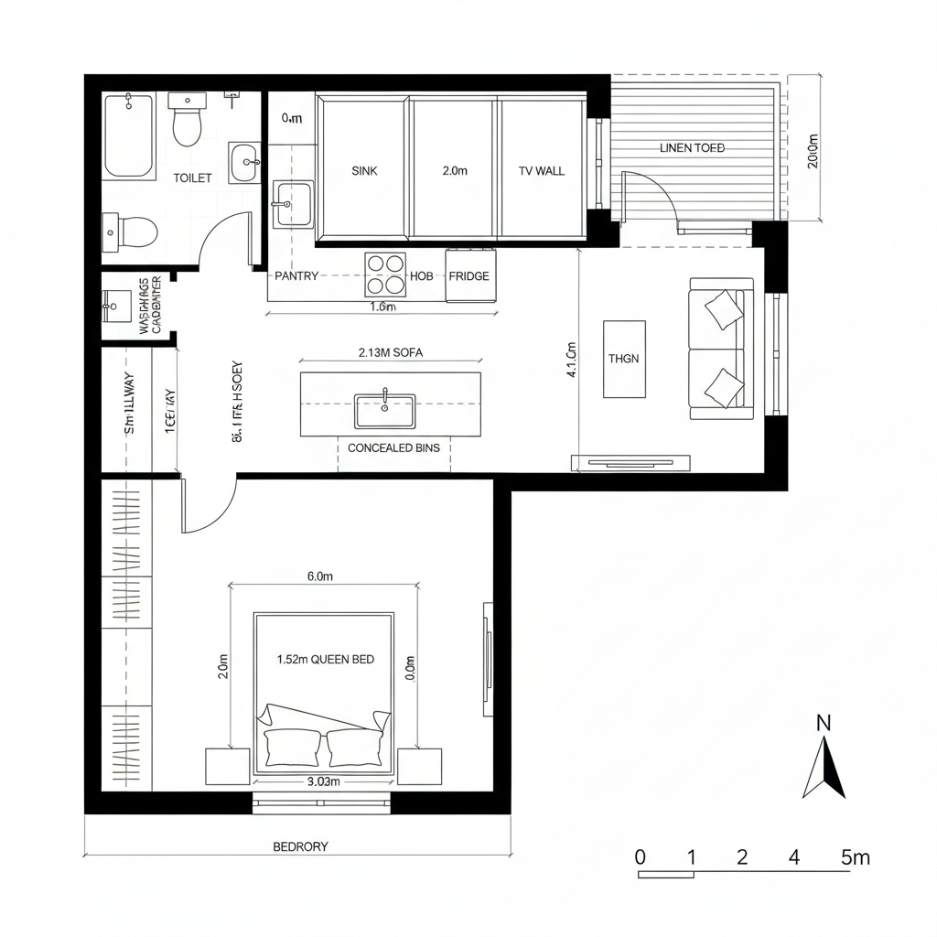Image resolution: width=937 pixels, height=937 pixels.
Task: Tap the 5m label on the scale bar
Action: pyautogui.click(x=855, y=857)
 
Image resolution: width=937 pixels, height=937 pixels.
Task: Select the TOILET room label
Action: pyautogui.click(x=192, y=178)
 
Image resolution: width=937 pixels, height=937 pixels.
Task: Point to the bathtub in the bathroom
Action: pyautogui.click(x=129, y=135)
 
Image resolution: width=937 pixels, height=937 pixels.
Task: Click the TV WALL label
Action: pyautogui.click(x=542, y=170)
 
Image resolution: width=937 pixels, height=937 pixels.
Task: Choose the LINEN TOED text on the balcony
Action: pyautogui.click(x=692, y=147)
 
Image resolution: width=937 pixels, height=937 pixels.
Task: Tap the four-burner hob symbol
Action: pyautogui.click(x=384, y=273)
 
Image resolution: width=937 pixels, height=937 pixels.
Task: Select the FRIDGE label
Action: pyautogui.click(x=468, y=275)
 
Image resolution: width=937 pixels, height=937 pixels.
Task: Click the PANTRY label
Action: pyautogui.click(x=296, y=275)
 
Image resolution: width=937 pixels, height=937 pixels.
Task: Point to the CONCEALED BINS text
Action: pyautogui.click(x=393, y=447)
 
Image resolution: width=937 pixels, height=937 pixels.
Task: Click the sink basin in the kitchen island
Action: pyautogui.click(x=384, y=411)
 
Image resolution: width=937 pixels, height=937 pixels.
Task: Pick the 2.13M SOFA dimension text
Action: pyautogui.click(x=391, y=352)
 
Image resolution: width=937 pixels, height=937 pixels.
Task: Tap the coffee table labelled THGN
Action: pyautogui.click(x=624, y=359)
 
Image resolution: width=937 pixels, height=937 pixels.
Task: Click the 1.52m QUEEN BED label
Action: pyautogui.click(x=325, y=659)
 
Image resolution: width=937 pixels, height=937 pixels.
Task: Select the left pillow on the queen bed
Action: pyautogui.click(x=291, y=747)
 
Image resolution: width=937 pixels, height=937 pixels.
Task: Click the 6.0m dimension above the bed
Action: pyautogui.click(x=319, y=576)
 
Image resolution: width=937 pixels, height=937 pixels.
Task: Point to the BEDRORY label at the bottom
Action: pyautogui.click(x=300, y=846)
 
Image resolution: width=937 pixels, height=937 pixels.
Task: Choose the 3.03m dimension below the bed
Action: pyautogui.click(x=322, y=781)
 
